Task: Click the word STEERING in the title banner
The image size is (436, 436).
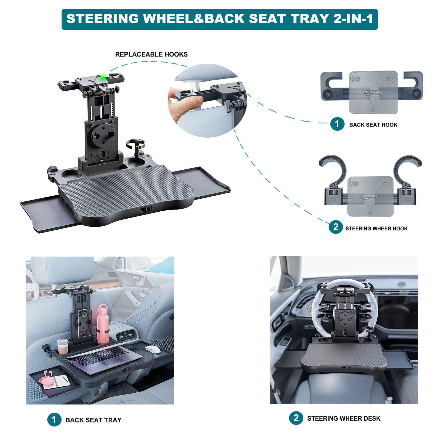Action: (x=103, y=19)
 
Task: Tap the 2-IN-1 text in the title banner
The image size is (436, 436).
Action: (x=353, y=19)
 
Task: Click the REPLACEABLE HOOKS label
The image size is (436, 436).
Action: (x=151, y=54)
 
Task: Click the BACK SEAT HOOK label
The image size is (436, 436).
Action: (x=373, y=125)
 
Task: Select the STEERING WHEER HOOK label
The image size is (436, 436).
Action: (x=376, y=229)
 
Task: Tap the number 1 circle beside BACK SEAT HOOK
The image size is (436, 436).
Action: (x=337, y=124)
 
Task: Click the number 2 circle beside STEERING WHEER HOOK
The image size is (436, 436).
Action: (x=336, y=227)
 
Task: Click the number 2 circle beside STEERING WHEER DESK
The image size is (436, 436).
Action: (x=296, y=418)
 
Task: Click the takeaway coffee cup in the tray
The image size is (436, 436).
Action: (x=63, y=346)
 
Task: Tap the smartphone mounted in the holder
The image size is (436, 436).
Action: (x=84, y=324)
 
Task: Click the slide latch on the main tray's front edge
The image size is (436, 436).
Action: (x=146, y=209)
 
